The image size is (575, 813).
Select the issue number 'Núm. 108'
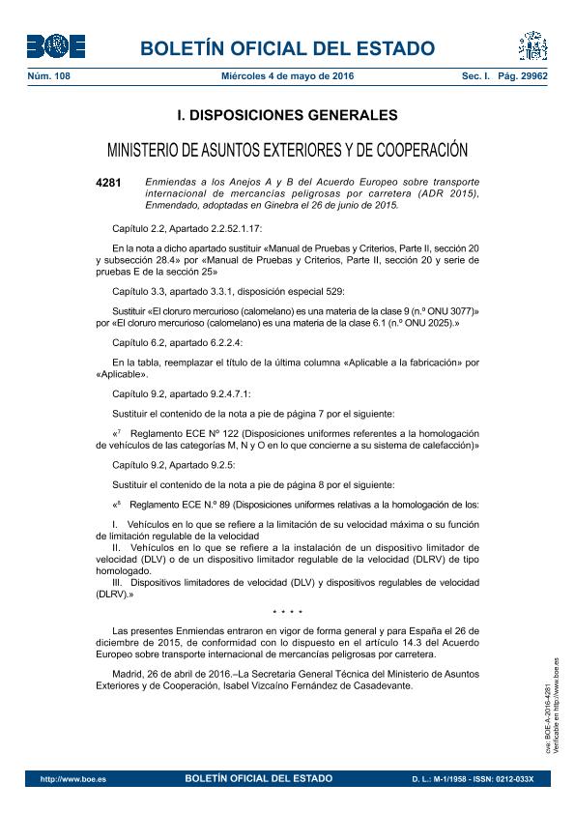pyautogui.click(x=47, y=75)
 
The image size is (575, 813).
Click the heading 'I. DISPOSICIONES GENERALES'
pyautogui.click(x=287, y=115)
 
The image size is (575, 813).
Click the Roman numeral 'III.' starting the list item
pyautogui.click(x=119, y=584)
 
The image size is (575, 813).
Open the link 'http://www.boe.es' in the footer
pyautogui.click(x=67, y=778)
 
